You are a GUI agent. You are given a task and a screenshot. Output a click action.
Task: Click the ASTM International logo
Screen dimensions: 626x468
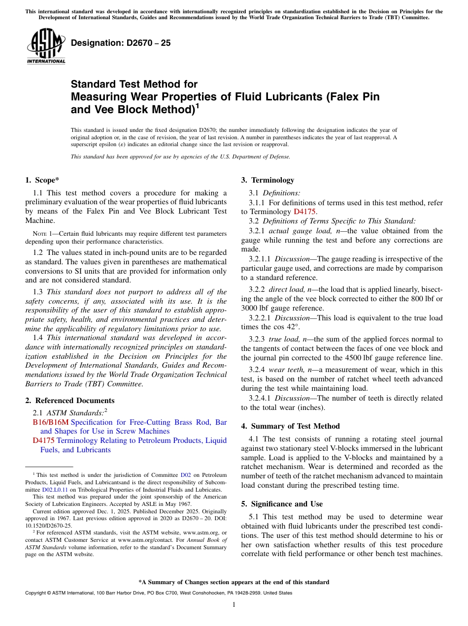[46, 46]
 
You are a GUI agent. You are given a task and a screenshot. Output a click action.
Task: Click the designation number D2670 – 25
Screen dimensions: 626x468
[121, 43]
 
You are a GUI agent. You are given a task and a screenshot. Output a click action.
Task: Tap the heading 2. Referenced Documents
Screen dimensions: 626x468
[70, 401]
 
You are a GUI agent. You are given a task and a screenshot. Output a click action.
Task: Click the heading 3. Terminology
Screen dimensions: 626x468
[267, 180]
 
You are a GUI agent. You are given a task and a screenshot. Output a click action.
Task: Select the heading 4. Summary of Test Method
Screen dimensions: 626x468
[290, 426]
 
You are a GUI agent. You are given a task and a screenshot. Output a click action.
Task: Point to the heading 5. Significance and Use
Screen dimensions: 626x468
[282, 504]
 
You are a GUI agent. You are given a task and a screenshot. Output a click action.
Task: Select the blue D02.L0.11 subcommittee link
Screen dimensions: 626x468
[55, 490]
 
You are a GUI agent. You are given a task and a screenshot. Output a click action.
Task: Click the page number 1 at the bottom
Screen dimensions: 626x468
[234, 605]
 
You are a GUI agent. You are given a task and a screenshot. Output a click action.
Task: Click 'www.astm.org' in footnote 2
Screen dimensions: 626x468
[200, 532]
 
